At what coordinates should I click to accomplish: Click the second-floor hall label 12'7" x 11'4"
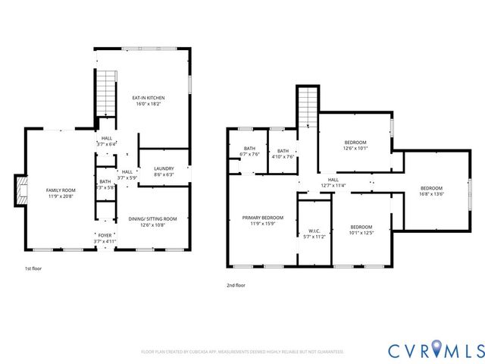tap(333, 183)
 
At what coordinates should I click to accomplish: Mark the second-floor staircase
tap(306, 107)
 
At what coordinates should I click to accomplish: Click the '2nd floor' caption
tap(236, 285)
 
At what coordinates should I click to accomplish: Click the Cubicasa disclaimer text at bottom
tap(242, 352)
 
